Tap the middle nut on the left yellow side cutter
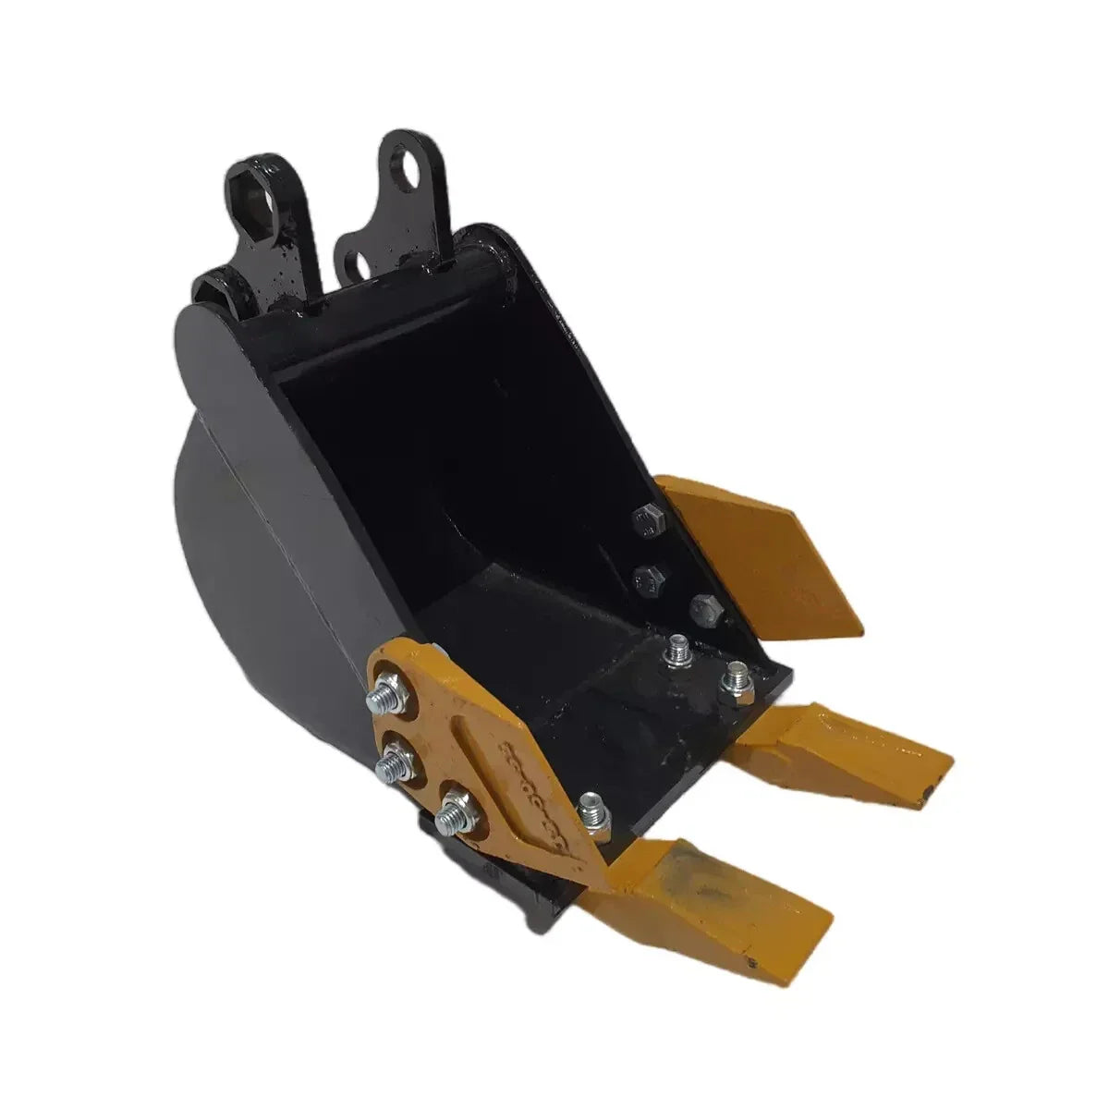click(391, 762)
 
